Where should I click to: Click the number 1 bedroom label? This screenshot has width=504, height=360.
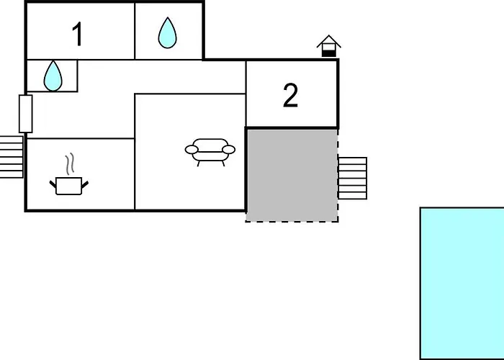tap(78, 35)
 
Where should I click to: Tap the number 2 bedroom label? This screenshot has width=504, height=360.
tap(291, 95)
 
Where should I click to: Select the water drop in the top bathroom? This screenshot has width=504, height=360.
tap(168, 33)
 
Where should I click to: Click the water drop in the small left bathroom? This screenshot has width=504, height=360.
tap(53, 76)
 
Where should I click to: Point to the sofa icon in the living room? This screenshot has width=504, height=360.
tap(210, 152)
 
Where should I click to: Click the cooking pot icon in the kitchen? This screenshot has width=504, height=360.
tap(69, 186)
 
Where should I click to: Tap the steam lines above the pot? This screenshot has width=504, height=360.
tap(70, 163)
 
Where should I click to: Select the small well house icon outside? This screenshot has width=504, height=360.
tap(329, 46)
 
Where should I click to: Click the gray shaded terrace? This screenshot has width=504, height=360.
tap(292, 175)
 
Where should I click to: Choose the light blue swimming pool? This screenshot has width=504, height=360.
tap(462, 284)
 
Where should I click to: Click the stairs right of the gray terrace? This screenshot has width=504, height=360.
tap(353, 179)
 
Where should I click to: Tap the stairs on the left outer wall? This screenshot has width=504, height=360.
tap(12, 157)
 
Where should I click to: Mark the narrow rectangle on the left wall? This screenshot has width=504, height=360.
tap(26, 114)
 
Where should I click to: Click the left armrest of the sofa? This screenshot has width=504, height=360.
tap(192, 150)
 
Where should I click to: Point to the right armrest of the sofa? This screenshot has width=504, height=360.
tap(229, 150)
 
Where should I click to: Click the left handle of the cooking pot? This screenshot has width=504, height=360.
tap(53, 184)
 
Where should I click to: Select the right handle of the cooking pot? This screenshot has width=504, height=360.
tap(85, 185)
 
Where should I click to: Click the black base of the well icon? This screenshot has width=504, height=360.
tap(329, 54)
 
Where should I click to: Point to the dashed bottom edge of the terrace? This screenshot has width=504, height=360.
tap(292, 221)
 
